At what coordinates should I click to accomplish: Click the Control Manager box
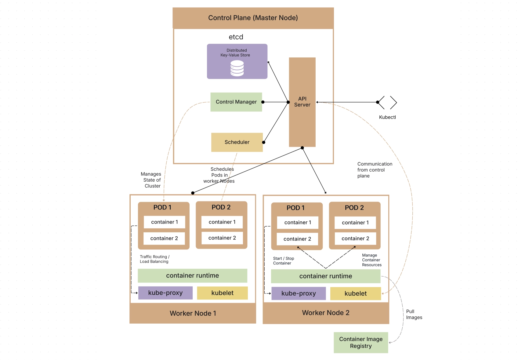[x=236, y=102]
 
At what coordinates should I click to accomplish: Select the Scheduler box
[x=237, y=142]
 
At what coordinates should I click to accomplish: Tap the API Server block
[x=302, y=102]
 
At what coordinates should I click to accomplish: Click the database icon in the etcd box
[x=237, y=68]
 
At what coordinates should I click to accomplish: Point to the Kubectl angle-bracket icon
[x=387, y=102]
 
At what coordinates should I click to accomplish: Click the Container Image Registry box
[x=361, y=343]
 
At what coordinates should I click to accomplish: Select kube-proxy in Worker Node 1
[x=165, y=293]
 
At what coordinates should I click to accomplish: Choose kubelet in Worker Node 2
[x=355, y=293]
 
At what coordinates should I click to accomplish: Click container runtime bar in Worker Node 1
[x=192, y=275]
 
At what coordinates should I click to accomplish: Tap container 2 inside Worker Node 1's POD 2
[x=222, y=238]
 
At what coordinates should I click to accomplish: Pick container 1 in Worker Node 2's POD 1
[x=298, y=223]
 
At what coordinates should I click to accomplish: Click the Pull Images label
[x=414, y=315]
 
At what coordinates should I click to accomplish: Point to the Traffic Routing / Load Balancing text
[x=154, y=259]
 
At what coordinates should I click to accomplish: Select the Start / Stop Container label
[x=283, y=261]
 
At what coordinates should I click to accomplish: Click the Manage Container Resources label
[x=372, y=260]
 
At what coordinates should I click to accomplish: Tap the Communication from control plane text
[x=375, y=170]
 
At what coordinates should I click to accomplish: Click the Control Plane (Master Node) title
[x=253, y=18]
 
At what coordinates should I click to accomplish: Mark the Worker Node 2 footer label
[x=325, y=313]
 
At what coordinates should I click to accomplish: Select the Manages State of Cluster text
[x=151, y=180]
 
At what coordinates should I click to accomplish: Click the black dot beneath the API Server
[x=302, y=148]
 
